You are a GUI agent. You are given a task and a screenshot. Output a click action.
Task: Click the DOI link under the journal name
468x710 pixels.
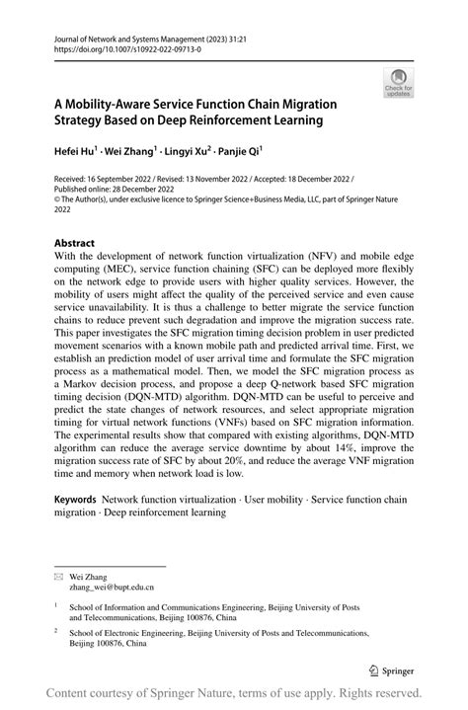coord(117,46)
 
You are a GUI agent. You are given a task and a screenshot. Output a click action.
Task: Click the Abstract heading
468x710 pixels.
coord(75,243)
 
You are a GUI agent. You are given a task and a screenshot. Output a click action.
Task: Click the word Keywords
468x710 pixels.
coord(75,501)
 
